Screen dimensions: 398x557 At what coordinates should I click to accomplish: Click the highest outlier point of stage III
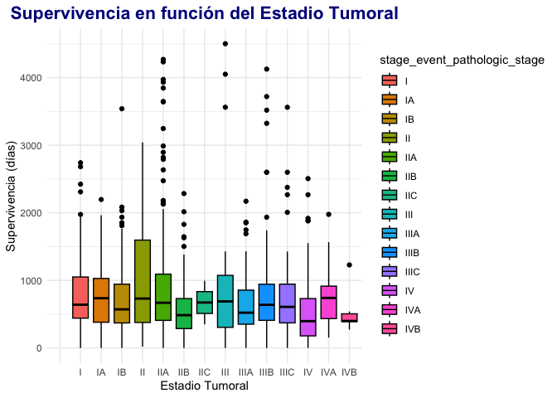tap(225, 44)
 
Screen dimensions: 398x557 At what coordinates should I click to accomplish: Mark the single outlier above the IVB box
tap(349, 265)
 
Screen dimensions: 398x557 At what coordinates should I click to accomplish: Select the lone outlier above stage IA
tap(101, 200)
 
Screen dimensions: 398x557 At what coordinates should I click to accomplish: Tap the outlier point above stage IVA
tap(328, 215)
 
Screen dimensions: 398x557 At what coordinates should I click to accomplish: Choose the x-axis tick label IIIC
tap(288, 372)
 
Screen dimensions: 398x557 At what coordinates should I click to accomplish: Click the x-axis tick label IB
tap(122, 372)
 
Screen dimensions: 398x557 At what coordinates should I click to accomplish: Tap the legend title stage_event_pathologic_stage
tap(462, 61)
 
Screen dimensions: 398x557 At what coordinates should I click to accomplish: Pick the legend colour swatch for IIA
tap(389, 157)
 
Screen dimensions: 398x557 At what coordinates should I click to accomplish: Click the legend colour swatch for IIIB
tap(389, 252)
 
